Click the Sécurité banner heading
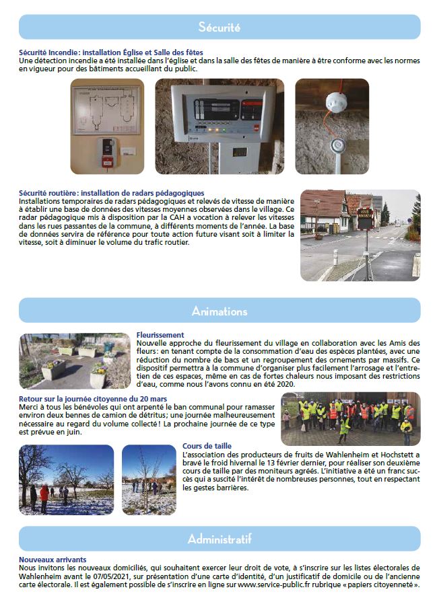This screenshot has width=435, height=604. pyautogui.click(x=220, y=27)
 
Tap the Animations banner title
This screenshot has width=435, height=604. pyautogui.click(x=220, y=311)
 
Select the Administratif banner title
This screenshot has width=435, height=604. pyautogui.click(x=220, y=539)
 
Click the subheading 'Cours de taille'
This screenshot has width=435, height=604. pyautogui.click(x=207, y=445)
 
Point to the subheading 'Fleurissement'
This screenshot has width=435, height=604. pyautogui.click(x=160, y=334)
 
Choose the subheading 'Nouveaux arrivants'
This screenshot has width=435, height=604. pyautogui.click(x=53, y=560)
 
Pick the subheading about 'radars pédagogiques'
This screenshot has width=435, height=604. pyautogui.click(x=111, y=193)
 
